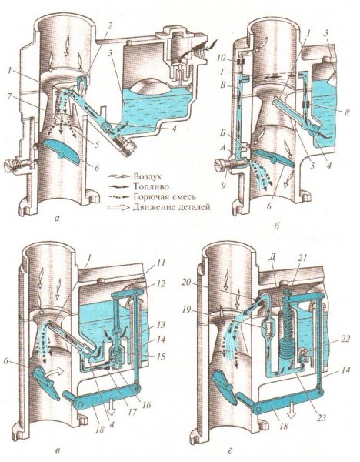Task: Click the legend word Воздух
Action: tap(148, 177)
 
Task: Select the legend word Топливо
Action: tap(150, 187)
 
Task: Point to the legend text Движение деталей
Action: tap(172, 207)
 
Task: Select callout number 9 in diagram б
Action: tap(224, 186)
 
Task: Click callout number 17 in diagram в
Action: tap(132, 411)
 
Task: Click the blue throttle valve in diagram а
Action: tap(60, 150)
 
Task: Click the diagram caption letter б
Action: tap(276, 226)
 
